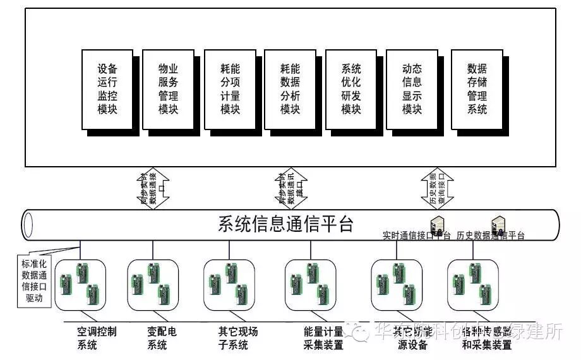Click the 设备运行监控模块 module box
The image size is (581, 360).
107,89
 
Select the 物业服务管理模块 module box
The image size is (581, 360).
168,89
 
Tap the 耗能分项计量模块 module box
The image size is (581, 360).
230,89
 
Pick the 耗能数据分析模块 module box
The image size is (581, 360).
290,89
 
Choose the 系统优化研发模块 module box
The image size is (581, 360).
350,89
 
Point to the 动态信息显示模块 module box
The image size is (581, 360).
412,89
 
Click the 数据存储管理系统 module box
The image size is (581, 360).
477,89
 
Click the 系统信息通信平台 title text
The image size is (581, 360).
285,224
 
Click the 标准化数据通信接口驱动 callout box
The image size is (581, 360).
32,280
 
